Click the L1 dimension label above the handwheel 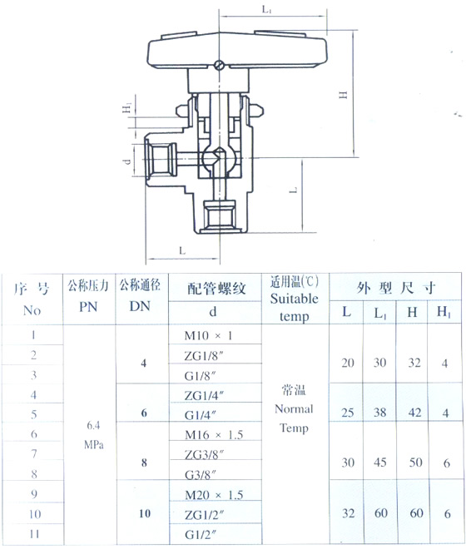[x=267, y=9]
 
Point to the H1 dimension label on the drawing [x=126, y=107]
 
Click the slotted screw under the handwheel [x=219, y=65]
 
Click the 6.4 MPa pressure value [x=93, y=435]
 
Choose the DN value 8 [x=144, y=462]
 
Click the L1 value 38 [x=379, y=413]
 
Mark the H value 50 [x=415, y=462]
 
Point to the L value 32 [x=349, y=513]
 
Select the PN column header [x=88, y=307]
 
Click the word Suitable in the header [x=295, y=299]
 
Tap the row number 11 [x=34, y=534]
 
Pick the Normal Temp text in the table [x=294, y=418]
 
